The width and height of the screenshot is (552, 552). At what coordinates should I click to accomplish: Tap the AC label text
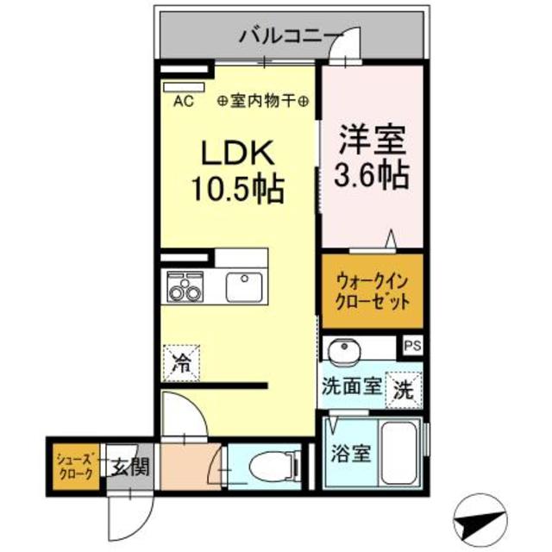[x=183, y=101]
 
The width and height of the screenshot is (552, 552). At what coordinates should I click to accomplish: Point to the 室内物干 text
[x=265, y=101]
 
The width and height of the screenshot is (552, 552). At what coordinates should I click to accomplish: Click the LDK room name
[x=237, y=155]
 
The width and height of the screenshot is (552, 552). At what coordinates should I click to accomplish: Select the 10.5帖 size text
[x=237, y=189]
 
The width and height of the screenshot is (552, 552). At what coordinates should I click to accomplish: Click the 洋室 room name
[x=373, y=139]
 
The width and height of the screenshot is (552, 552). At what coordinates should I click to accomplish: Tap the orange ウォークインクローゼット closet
[x=373, y=291]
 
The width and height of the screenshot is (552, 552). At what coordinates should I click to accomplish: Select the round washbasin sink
[x=346, y=352]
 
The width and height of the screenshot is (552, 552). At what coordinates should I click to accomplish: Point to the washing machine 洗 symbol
[x=403, y=388]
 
